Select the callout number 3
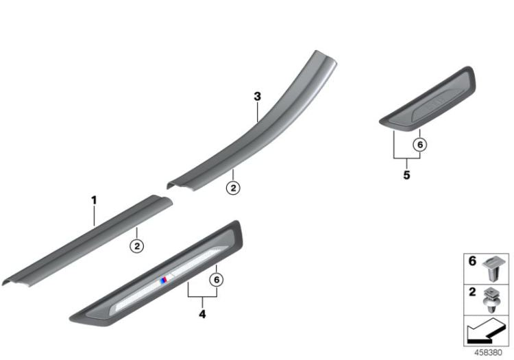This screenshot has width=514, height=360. pos(257,97)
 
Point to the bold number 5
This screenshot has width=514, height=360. pos(406,175)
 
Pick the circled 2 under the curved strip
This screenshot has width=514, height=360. pos(233,187)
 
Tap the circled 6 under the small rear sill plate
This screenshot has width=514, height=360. pos(420,144)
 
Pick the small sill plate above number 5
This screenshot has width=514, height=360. pos(428,103)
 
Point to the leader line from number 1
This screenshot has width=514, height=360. pos(95,215)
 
